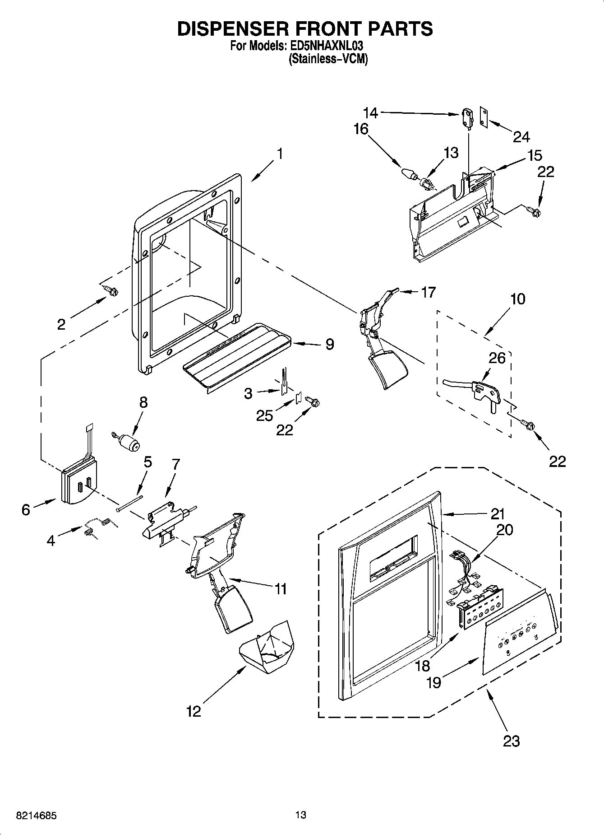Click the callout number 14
click(370, 112)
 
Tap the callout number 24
click(521, 136)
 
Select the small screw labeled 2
click(110, 290)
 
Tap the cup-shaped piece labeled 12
click(266, 648)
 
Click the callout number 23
click(511, 741)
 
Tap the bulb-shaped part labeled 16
click(408, 173)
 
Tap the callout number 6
click(26, 509)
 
